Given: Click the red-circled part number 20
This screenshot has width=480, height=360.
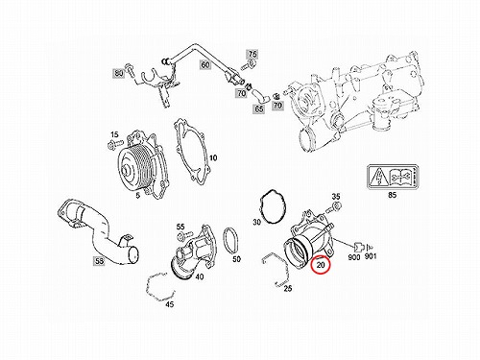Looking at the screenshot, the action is coord(321,265).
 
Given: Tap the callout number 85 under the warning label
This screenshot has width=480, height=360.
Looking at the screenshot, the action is coord(392,195).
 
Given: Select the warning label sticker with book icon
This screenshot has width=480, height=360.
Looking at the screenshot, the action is coord(393,177).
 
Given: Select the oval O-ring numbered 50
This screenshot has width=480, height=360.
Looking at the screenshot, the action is coord(231,241).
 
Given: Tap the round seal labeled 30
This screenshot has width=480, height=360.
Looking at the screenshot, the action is coord(273,207).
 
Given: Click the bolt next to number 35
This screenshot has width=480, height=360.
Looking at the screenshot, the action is coord(333,208).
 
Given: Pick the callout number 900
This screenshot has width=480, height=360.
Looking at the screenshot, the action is coord(353,256).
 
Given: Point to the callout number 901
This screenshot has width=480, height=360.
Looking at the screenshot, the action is coord(371,256).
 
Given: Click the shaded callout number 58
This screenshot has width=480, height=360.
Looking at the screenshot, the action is coord(100,261).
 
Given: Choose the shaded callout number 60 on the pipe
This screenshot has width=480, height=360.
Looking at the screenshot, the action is coord(205,64).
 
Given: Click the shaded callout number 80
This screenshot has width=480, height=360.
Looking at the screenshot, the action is coord(119,73).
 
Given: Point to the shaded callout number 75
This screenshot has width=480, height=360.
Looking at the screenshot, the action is coord(252,54).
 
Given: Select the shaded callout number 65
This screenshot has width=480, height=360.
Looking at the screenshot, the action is coord(259,108).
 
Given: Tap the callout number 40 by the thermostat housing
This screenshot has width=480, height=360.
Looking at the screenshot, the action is coord(199,276).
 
